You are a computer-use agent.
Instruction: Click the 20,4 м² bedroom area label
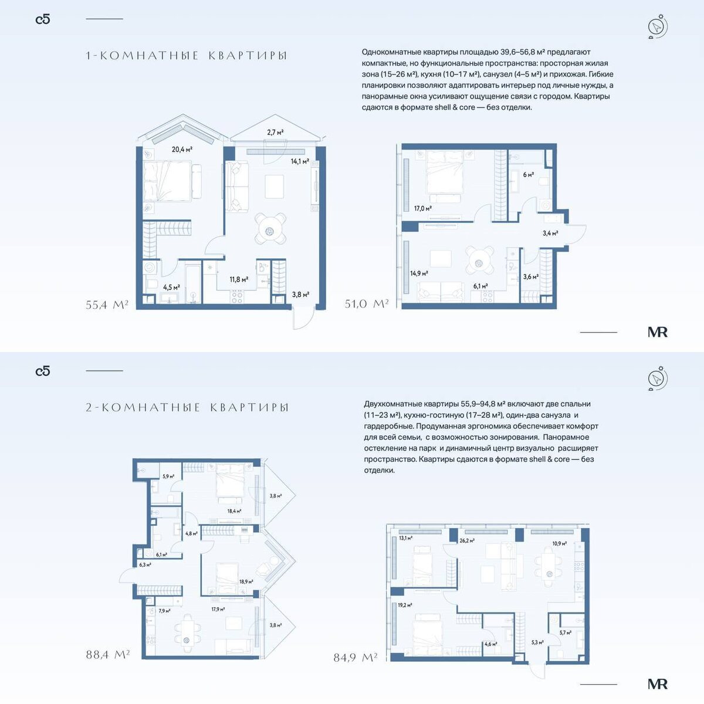(182, 149)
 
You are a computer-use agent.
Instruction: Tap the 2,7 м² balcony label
(275, 132)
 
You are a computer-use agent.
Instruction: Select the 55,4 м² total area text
(107, 304)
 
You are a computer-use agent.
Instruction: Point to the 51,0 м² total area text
(367, 303)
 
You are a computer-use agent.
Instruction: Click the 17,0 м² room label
(422, 209)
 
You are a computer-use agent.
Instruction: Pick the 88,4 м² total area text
(108, 654)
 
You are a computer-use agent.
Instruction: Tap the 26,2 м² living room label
(467, 540)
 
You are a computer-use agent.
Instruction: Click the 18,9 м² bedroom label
(246, 581)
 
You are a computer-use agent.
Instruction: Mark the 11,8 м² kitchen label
(239, 279)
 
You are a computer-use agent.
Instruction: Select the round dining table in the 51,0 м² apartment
(479, 263)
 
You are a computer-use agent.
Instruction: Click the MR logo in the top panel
(658, 332)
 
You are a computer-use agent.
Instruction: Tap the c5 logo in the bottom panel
(43, 371)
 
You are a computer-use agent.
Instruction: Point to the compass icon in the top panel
(658, 26)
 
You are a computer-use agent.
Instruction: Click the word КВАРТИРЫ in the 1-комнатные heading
(248, 56)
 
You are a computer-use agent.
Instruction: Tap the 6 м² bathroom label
(528, 175)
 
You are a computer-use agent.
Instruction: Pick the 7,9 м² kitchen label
(164, 611)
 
